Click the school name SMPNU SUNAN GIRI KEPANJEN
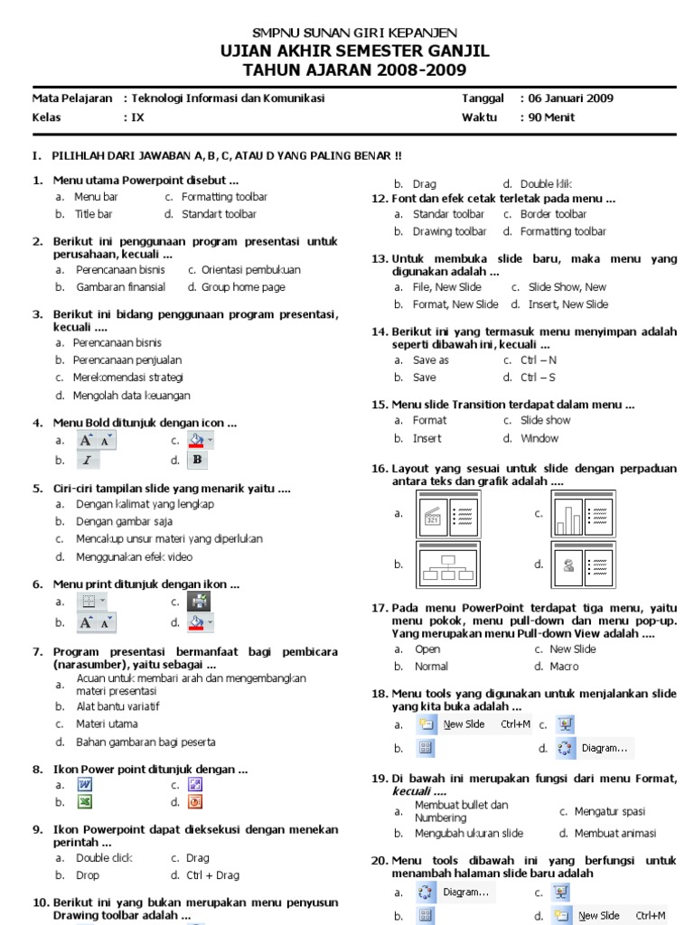coord(353,33)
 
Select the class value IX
coord(137,117)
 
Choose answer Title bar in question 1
coord(94,214)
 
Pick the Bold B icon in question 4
coord(198,460)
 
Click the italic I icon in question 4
coord(87,460)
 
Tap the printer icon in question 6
coord(198,602)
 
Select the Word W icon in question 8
coord(86,785)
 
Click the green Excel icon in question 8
coord(86,802)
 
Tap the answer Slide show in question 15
coord(546,420)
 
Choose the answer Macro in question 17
coord(564,666)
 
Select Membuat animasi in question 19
coord(615,833)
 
